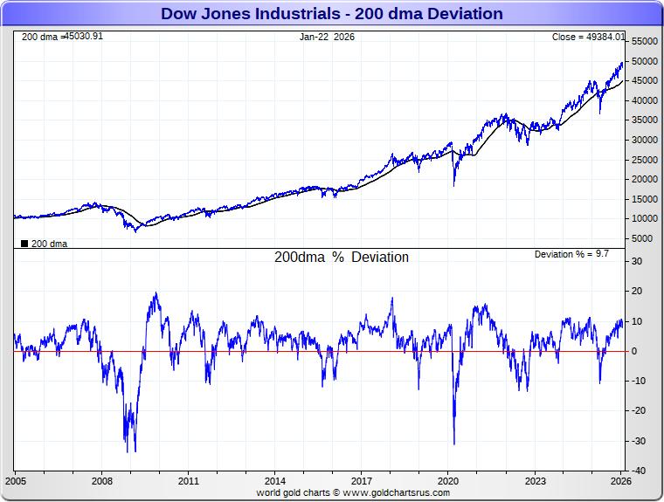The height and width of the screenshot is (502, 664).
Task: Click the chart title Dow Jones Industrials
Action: click(332, 13)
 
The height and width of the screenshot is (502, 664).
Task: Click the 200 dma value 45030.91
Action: click(84, 37)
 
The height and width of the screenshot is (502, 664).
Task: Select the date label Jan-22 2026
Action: click(328, 37)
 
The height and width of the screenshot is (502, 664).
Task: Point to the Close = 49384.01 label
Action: click(588, 37)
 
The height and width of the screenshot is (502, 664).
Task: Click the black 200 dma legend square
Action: click(24, 244)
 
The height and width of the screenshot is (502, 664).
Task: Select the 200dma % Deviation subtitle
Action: click(342, 258)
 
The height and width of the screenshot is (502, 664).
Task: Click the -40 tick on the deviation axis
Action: click(640, 471)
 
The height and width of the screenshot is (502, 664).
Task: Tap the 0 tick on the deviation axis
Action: click(634, 351)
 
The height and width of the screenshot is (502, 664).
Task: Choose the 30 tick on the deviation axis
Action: click(637, 261)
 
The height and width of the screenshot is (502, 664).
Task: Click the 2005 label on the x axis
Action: click(17, 481)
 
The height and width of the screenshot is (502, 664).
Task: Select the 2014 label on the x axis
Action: click(275, 481)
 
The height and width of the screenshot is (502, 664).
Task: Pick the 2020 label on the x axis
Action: click(447, 481)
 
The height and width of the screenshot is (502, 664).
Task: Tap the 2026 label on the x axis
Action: click(620, 481)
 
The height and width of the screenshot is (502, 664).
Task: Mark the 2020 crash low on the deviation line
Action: click(454, 444)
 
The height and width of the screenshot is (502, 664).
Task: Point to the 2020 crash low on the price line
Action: click(454, 185)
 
